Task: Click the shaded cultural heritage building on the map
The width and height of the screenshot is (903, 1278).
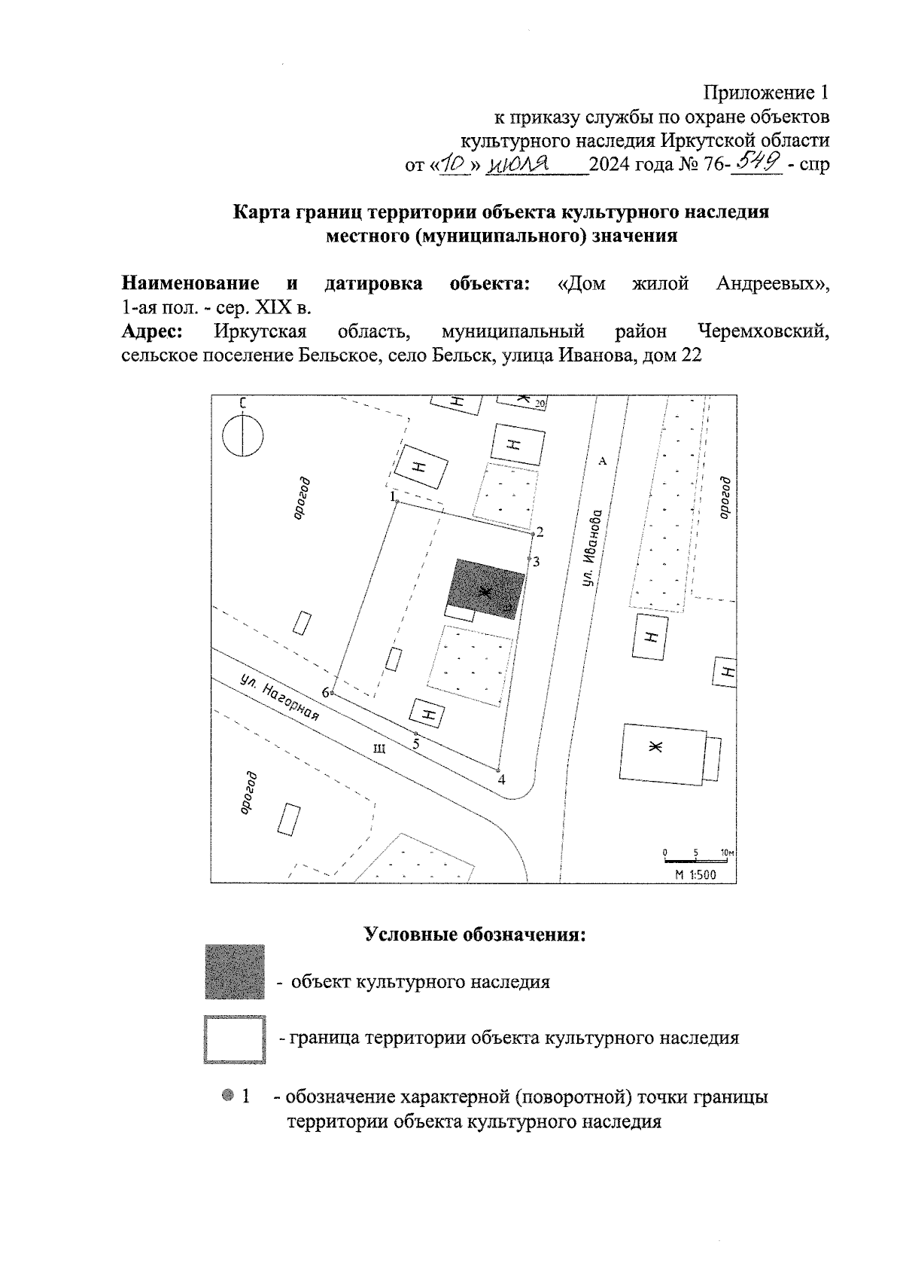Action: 486,589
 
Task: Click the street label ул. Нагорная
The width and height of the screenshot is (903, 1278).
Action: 281,698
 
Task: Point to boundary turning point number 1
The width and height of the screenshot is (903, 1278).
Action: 397,502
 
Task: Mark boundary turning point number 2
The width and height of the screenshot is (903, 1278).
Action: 533,534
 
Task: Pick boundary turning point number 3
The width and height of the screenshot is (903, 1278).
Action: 529,558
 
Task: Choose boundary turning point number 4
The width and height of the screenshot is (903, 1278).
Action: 498,770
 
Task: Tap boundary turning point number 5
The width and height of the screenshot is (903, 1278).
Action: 415,733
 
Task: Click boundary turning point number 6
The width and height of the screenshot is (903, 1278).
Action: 333,692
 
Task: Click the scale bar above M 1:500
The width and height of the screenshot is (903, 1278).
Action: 697,860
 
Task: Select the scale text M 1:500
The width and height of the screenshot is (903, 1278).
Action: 695,874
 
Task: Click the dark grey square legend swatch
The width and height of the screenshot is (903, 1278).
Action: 235,971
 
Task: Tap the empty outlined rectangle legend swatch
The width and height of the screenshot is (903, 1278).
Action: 235,1039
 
